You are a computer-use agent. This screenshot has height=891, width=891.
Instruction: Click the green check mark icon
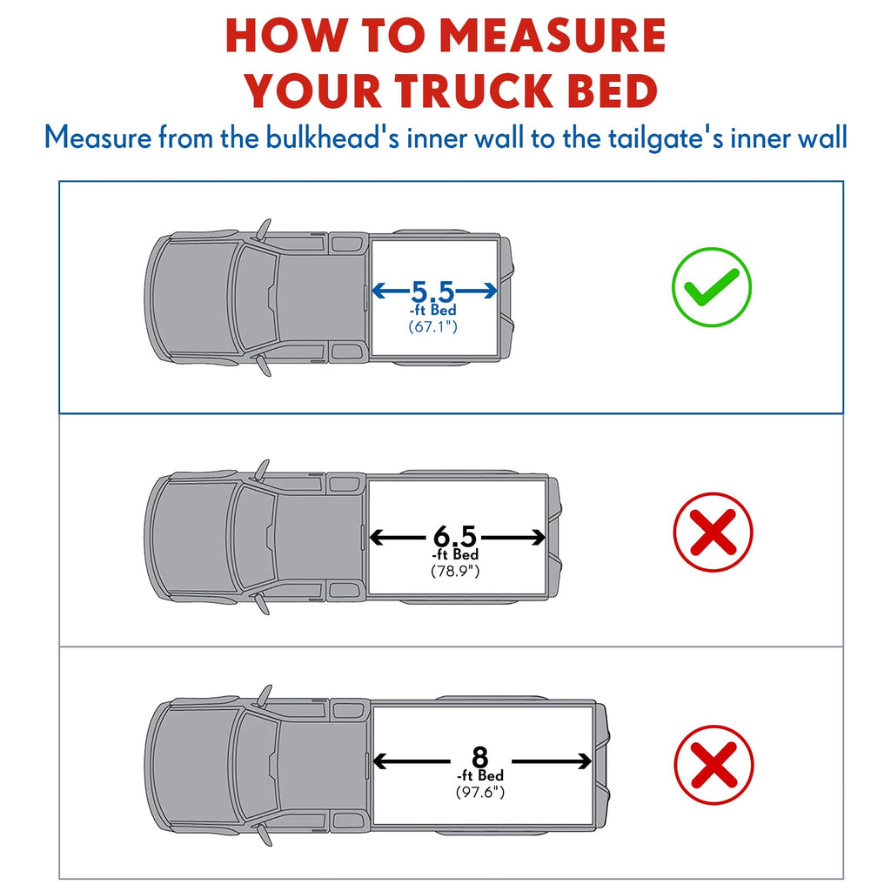712,287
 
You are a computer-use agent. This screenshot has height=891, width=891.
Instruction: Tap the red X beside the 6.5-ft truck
713,532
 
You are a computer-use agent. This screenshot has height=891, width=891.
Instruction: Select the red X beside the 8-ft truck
713,764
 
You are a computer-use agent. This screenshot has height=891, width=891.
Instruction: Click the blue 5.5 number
433,291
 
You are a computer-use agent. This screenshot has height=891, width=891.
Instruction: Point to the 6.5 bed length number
454,536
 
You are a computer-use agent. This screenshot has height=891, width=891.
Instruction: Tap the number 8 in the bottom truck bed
480,758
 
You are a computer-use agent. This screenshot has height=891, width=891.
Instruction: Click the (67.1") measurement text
433,327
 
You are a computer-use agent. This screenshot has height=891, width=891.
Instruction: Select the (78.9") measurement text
455,571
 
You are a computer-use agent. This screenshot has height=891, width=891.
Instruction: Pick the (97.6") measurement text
480,792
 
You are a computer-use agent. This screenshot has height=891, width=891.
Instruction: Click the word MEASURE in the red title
553,36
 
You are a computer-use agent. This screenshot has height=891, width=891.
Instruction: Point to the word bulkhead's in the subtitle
333,137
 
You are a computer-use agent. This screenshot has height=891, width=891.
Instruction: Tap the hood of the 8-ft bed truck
194,765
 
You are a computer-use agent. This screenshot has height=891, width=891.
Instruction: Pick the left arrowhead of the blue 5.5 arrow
378,291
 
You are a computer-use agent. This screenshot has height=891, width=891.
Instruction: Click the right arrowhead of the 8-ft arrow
585,760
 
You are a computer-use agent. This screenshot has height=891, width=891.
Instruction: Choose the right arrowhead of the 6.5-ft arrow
538,537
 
